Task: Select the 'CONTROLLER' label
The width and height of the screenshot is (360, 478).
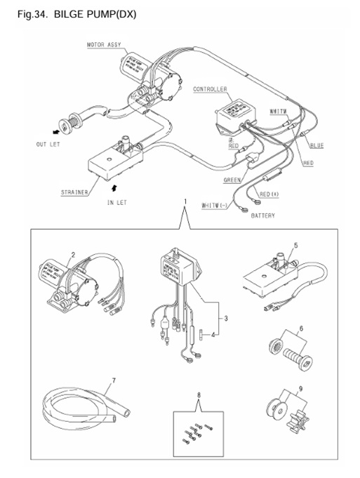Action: point(210,90)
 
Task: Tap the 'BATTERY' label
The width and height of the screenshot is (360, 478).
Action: point(263,215)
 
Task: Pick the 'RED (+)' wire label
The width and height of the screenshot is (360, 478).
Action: point(271,194)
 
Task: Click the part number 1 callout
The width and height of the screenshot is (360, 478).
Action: point(184,201)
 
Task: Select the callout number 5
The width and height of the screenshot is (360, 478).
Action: point(295,246)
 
